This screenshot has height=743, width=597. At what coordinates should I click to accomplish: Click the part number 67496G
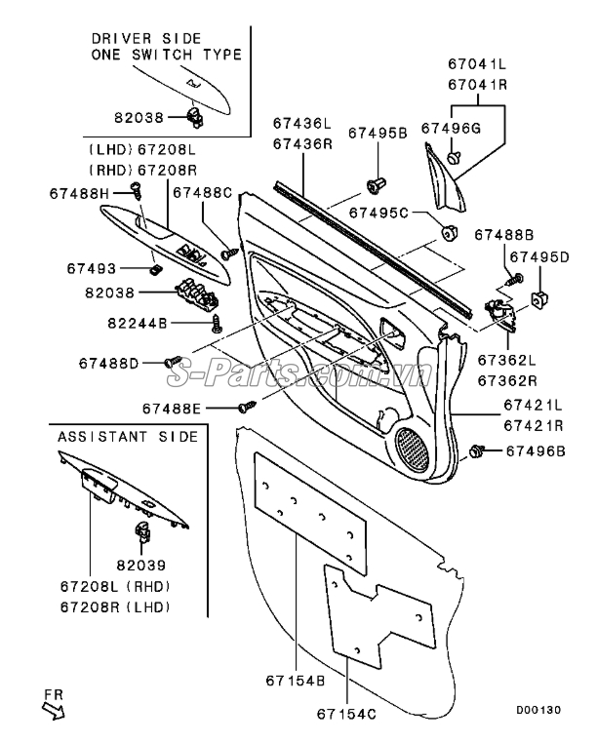[x=451, y=128]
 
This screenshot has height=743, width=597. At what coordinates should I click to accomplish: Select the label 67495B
[x=378, y=134]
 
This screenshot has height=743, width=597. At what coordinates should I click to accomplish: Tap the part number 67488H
[x=79, y=193]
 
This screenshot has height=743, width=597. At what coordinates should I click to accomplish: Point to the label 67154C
[x=346, y=714]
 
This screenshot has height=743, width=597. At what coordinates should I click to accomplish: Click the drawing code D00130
[x=538, y=710]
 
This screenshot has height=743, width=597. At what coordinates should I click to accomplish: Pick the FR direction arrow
[x=53, y=711]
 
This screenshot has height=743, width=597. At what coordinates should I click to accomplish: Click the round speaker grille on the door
[x=412, y=450]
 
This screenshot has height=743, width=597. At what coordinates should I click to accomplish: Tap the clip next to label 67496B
[x=476, y=450]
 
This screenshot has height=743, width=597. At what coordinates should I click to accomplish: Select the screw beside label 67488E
[x=247, y=406]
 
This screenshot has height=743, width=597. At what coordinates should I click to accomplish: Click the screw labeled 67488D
[x=173, y=362]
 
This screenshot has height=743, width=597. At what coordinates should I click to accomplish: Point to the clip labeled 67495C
[x=449, y=233]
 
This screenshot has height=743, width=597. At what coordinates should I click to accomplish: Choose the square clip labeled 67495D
[x=539, y=299]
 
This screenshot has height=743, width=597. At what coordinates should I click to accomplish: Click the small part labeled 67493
[x=155, y=269]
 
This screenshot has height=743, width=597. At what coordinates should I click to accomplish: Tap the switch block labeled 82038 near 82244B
[x=198, y=292]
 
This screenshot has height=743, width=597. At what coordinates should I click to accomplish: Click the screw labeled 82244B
[x=218, y=323]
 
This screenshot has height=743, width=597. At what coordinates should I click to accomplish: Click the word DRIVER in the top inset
[x=121, y=38]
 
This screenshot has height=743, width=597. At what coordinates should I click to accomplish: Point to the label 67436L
[x=302, y=123]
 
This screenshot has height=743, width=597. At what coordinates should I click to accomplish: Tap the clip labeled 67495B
[x=377, y=185]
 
